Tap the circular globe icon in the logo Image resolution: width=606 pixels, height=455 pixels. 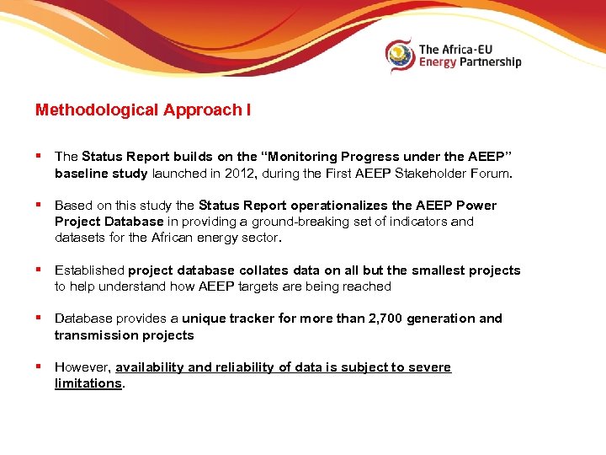click(400, 56)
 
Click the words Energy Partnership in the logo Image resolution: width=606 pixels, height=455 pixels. click(470, 62)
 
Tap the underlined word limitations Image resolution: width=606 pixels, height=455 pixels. click(88, 383)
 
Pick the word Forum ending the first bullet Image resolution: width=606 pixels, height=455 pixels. click(492, 174)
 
